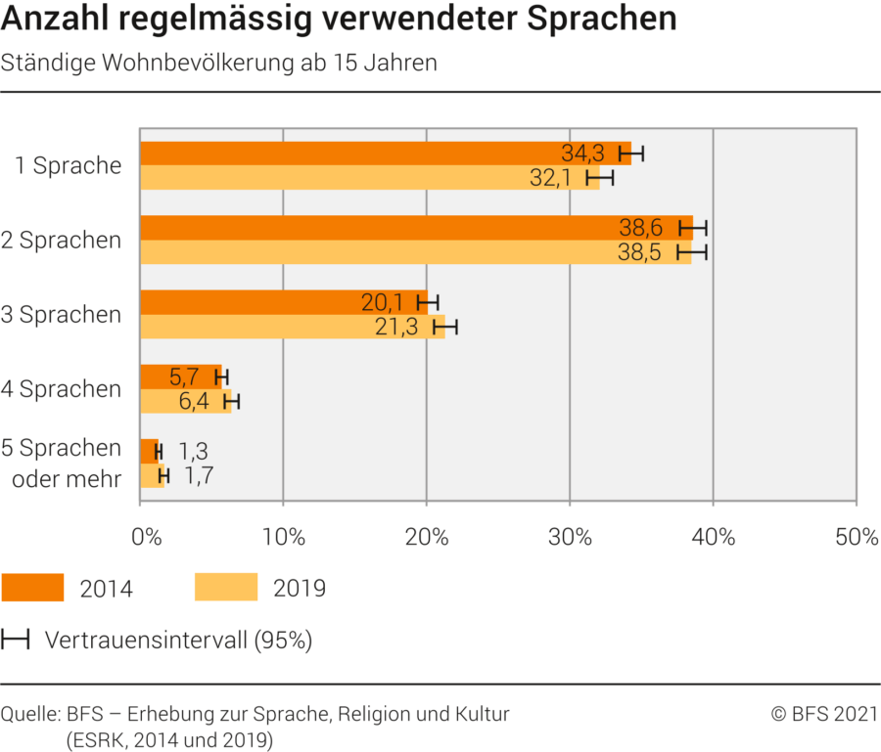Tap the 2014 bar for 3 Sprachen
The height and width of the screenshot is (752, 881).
[274, 302]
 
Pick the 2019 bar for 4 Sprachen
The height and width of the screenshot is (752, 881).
[186, 401]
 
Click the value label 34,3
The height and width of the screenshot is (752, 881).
[582, 154]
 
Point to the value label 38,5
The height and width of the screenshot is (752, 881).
[641, 252]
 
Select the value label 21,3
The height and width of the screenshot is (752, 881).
[396, 327]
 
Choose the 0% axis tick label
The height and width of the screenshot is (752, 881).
[146, 536]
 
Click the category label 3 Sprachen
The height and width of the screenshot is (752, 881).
[70, 315]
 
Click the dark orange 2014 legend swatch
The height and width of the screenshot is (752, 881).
[32, 587]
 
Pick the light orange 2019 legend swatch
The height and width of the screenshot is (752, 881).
[226, 587]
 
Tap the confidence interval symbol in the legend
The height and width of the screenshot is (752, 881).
[15, 641]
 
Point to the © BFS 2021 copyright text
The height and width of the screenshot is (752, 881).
[824, 714]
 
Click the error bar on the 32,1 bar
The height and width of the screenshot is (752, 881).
[599, 178]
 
